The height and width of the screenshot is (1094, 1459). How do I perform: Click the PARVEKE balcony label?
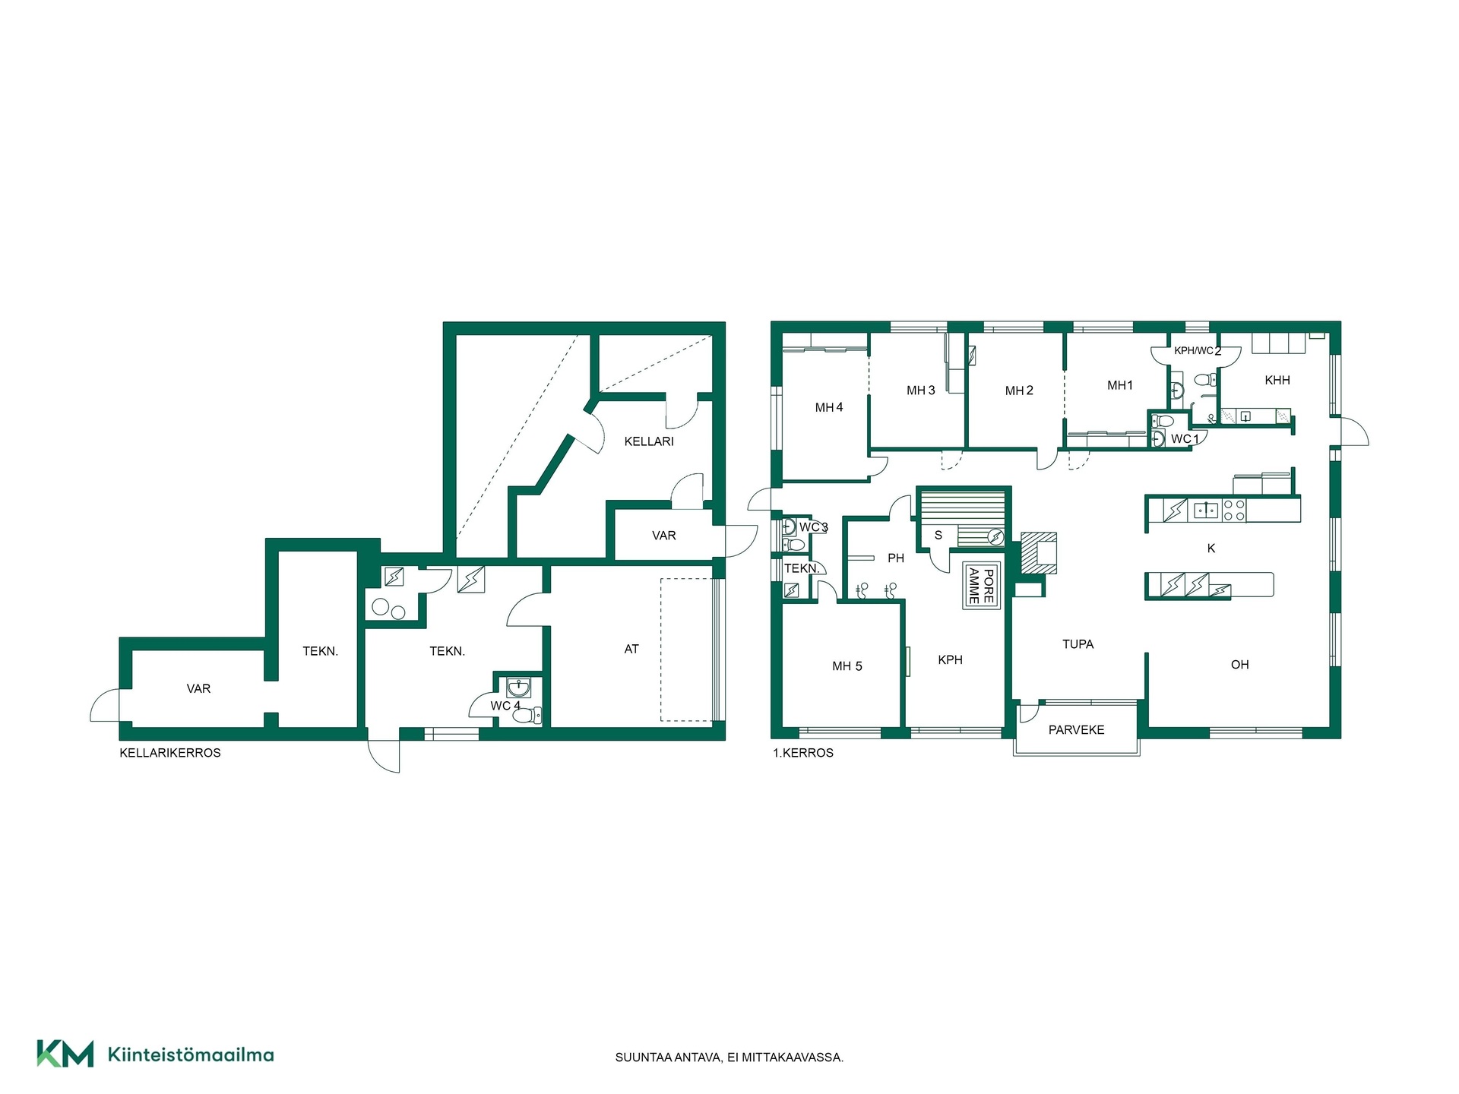(1076, 730)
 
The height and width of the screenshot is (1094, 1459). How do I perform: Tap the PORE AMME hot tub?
(981, 585)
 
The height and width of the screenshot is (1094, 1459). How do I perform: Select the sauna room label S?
(938, 536)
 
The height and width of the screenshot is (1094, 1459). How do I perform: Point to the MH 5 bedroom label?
(847, 666)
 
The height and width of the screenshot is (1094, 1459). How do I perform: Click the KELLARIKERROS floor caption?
(170, 753)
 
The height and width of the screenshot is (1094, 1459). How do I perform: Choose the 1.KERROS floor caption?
(803, 753)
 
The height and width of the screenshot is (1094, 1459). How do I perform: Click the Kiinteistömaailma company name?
(191, 1054)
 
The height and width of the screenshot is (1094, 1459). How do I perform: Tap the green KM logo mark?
(65, 1054)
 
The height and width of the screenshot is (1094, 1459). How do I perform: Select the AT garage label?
(631, 649)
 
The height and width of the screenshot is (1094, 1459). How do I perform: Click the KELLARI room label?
(649, 441)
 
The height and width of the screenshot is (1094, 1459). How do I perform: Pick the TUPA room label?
(1078, 644)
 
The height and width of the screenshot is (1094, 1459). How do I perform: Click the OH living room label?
(1239, 665)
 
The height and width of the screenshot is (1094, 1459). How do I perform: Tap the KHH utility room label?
(1277, 380)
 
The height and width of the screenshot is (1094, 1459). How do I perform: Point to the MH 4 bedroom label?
(829, 408)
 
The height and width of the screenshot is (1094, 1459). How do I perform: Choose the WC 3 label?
(813, 527)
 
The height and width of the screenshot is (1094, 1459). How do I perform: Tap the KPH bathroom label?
(950, 660)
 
